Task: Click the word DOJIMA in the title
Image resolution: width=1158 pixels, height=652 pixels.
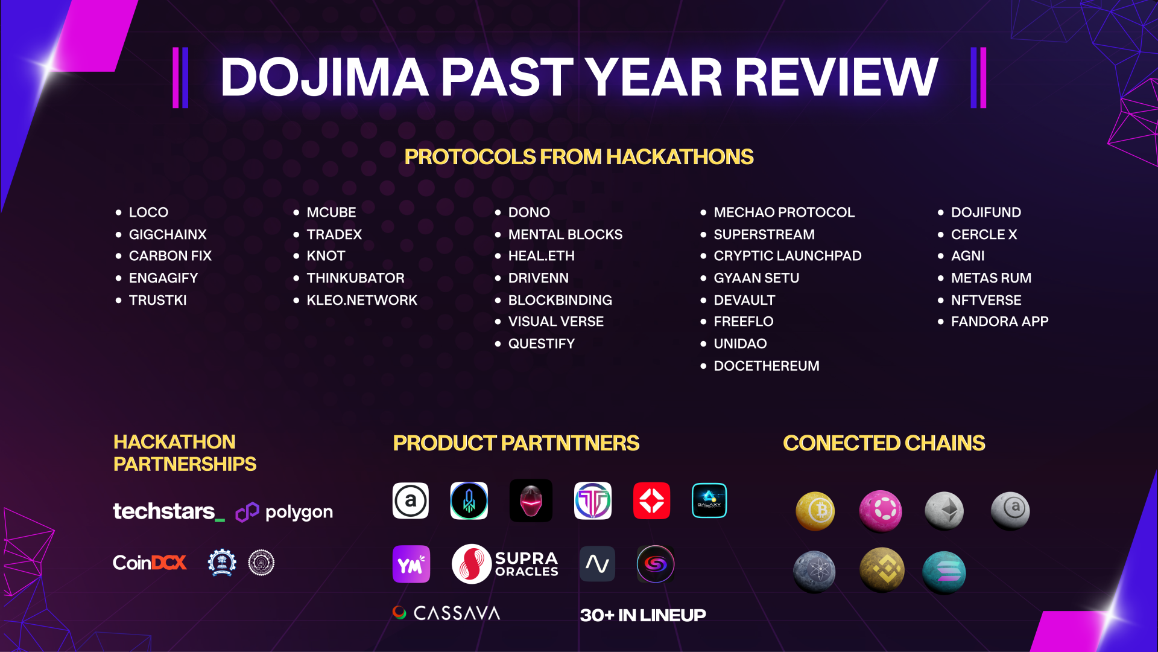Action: coord(324,77)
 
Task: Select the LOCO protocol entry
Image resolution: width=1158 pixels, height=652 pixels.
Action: coord(148,213)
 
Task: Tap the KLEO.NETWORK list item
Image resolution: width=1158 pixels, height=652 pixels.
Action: coord(362,300)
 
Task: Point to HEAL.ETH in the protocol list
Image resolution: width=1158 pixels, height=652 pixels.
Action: coord(541,256)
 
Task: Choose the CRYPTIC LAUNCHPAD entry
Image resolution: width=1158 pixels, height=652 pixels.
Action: coord(787,256)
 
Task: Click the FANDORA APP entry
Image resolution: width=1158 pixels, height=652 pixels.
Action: coord(999,322)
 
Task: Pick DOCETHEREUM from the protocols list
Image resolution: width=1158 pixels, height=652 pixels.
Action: coord(766,366)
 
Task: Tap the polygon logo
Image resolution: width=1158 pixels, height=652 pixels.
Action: coord(284,512)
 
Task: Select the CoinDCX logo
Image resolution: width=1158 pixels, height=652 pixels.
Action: coord(150,563)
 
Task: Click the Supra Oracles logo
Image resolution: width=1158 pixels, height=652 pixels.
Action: coord(505,564)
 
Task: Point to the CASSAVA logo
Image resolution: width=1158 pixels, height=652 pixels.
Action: coord(446,613)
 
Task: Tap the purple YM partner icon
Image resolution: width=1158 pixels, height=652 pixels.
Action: coord(411,564)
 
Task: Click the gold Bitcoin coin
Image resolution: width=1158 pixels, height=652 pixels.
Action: coord(815,511)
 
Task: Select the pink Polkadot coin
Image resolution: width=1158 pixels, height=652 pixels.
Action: coord(881,511)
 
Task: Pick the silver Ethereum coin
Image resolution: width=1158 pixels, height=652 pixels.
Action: coord(944,511)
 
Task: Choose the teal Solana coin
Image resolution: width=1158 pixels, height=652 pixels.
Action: coord(944,572)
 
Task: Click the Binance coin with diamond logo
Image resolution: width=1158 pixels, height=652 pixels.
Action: coord(882,569)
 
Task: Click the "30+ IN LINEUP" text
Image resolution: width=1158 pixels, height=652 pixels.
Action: coord(643,615)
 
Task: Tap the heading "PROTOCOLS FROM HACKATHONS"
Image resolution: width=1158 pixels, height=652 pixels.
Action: coord(579,157)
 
